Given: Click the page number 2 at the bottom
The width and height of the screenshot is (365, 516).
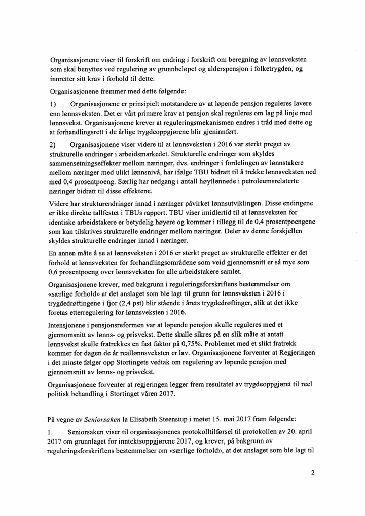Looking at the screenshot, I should [313, 473].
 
